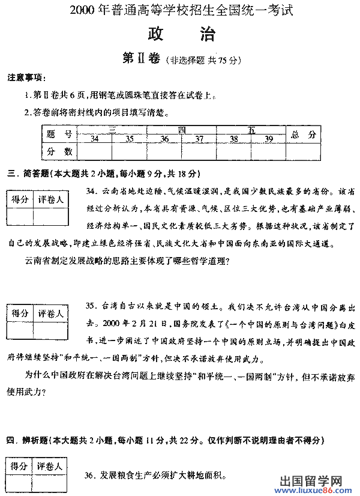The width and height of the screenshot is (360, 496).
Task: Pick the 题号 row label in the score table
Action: (59, 135)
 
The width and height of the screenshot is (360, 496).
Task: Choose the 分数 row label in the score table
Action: (59, 151)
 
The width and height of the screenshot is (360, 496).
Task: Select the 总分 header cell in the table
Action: (303, 135)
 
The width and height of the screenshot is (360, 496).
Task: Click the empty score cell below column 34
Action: (94, 151)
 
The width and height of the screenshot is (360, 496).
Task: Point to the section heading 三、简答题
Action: (103, 174)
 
